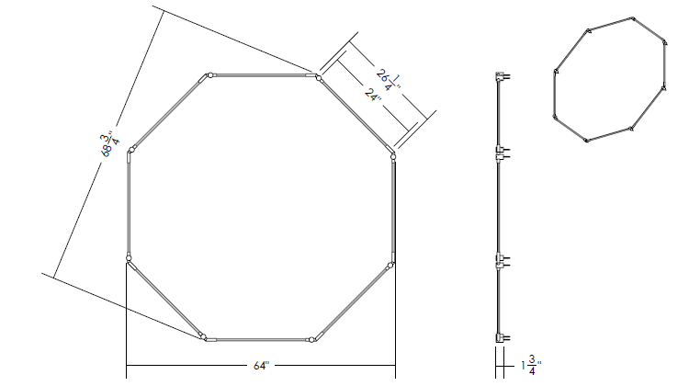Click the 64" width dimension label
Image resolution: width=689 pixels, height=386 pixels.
click(x=261, y=366)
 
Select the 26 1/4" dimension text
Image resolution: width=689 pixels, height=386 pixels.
click(x=389, y=79)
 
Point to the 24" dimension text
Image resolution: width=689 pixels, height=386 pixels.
click(x=373, y=94)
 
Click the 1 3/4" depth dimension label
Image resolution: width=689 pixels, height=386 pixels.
click(x=531, y=365)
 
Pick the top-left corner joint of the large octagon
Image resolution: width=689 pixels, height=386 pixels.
click(x=210, y=75)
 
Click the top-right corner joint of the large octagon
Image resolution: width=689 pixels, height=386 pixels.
click(x=319, y=78)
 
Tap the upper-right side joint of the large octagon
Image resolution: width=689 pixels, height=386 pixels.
click(x=393, y=156)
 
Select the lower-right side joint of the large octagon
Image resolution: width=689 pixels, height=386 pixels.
click(x=390, y=265)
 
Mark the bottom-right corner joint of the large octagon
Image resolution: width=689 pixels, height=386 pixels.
click(x=311, y=339)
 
